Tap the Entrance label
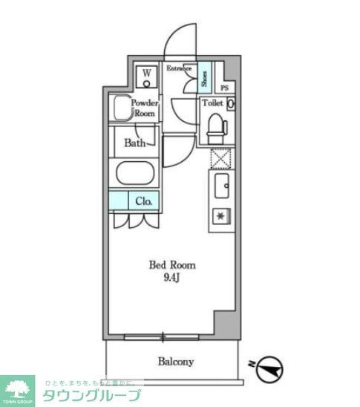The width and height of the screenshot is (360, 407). tap(178, 68)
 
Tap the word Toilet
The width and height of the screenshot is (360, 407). tap(214, 103)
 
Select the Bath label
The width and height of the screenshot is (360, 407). tap(134, 143)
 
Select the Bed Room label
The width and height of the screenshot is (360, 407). tap(172, 265)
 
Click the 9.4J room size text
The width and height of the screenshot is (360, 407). tap(172, 277)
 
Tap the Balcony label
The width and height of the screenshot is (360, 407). tap(175, 362)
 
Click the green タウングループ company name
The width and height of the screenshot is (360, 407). tap(91, 395)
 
